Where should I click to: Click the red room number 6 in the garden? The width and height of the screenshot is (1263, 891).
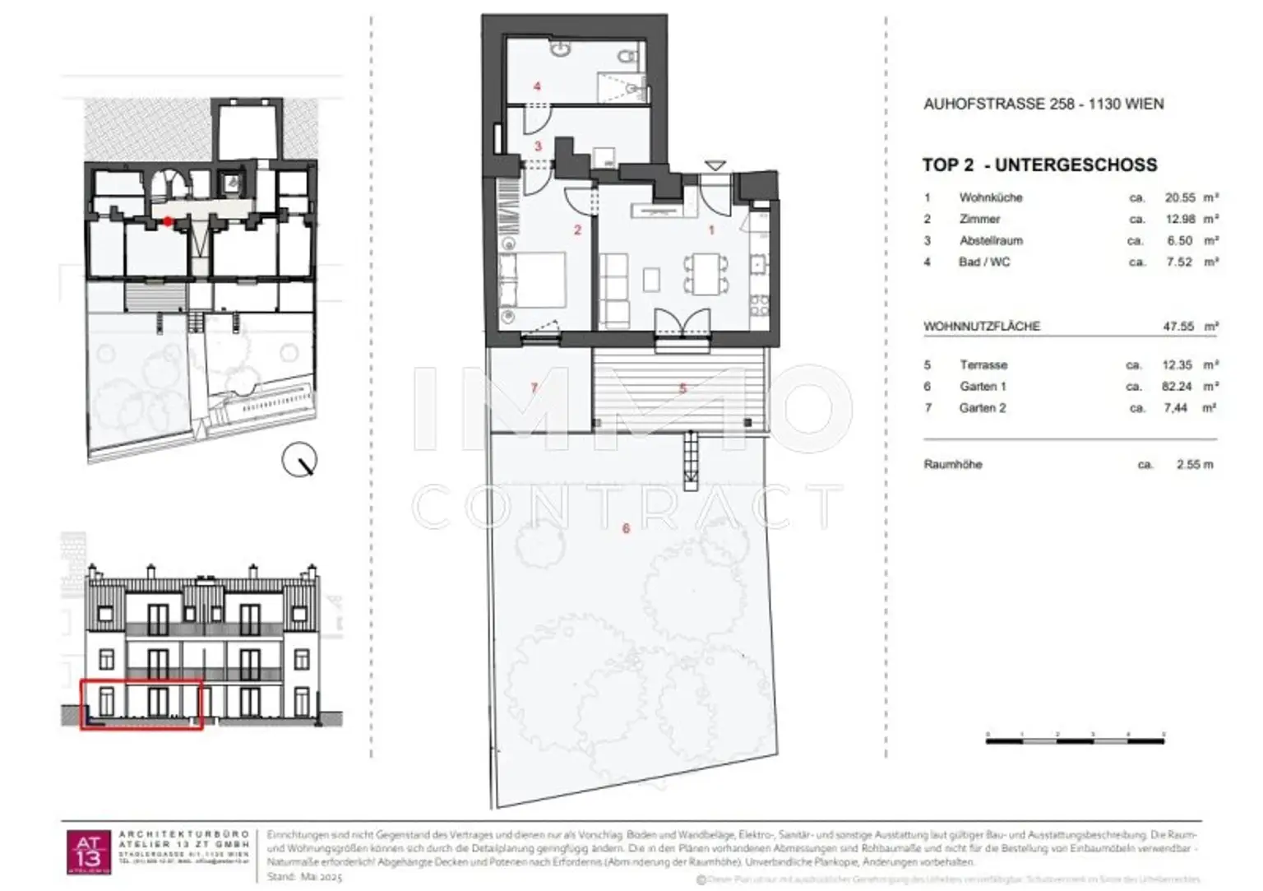626,528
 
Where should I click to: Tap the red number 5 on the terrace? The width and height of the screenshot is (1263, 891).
682,387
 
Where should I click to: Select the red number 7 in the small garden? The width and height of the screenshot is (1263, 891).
534,387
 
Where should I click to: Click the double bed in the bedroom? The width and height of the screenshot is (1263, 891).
532,279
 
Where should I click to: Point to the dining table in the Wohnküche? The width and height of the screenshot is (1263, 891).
706,273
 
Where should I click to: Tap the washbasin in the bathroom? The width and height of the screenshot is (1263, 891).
562,50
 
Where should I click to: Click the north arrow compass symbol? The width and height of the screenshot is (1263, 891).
299,460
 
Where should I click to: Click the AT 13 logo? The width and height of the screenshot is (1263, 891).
87,852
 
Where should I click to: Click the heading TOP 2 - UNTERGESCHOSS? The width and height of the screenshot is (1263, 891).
1039,165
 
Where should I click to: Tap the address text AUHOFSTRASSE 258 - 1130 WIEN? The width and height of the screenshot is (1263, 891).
1043,104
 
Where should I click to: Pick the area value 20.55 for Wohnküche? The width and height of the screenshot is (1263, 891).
1179,197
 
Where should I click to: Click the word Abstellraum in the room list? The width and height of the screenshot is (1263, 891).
991,240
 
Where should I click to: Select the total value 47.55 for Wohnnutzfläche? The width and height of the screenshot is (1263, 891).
1178,326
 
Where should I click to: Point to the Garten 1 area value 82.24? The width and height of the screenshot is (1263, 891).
1177,386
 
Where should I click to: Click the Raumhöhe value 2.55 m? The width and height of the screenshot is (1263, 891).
1194,464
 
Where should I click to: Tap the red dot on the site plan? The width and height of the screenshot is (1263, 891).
168,220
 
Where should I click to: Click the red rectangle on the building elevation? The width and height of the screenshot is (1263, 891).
141,704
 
